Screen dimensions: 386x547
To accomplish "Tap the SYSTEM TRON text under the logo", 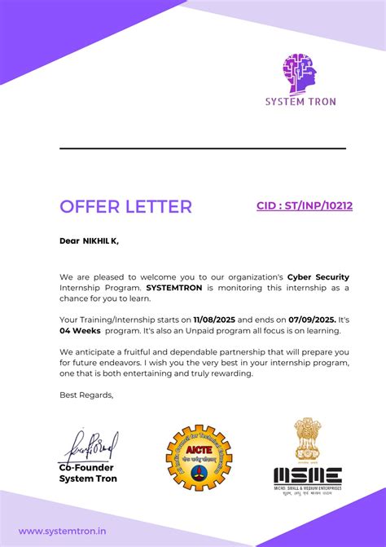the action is coord(300,102).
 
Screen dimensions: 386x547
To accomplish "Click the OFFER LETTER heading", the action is coord(125,206).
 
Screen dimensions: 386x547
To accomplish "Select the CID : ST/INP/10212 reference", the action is coord(305,206).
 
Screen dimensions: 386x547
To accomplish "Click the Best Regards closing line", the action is coord(86,395).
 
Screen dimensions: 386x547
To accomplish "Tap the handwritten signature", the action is coord(91,446).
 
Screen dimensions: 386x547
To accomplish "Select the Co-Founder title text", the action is coord(86,468).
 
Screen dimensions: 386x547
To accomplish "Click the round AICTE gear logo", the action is coord(199,458).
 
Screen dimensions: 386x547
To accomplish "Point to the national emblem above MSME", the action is coord(307,442).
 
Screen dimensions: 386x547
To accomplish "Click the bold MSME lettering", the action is coord(307,476).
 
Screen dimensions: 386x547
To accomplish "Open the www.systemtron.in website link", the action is coord(62,531).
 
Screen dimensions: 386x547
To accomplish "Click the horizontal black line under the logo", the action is coord(203,148).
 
